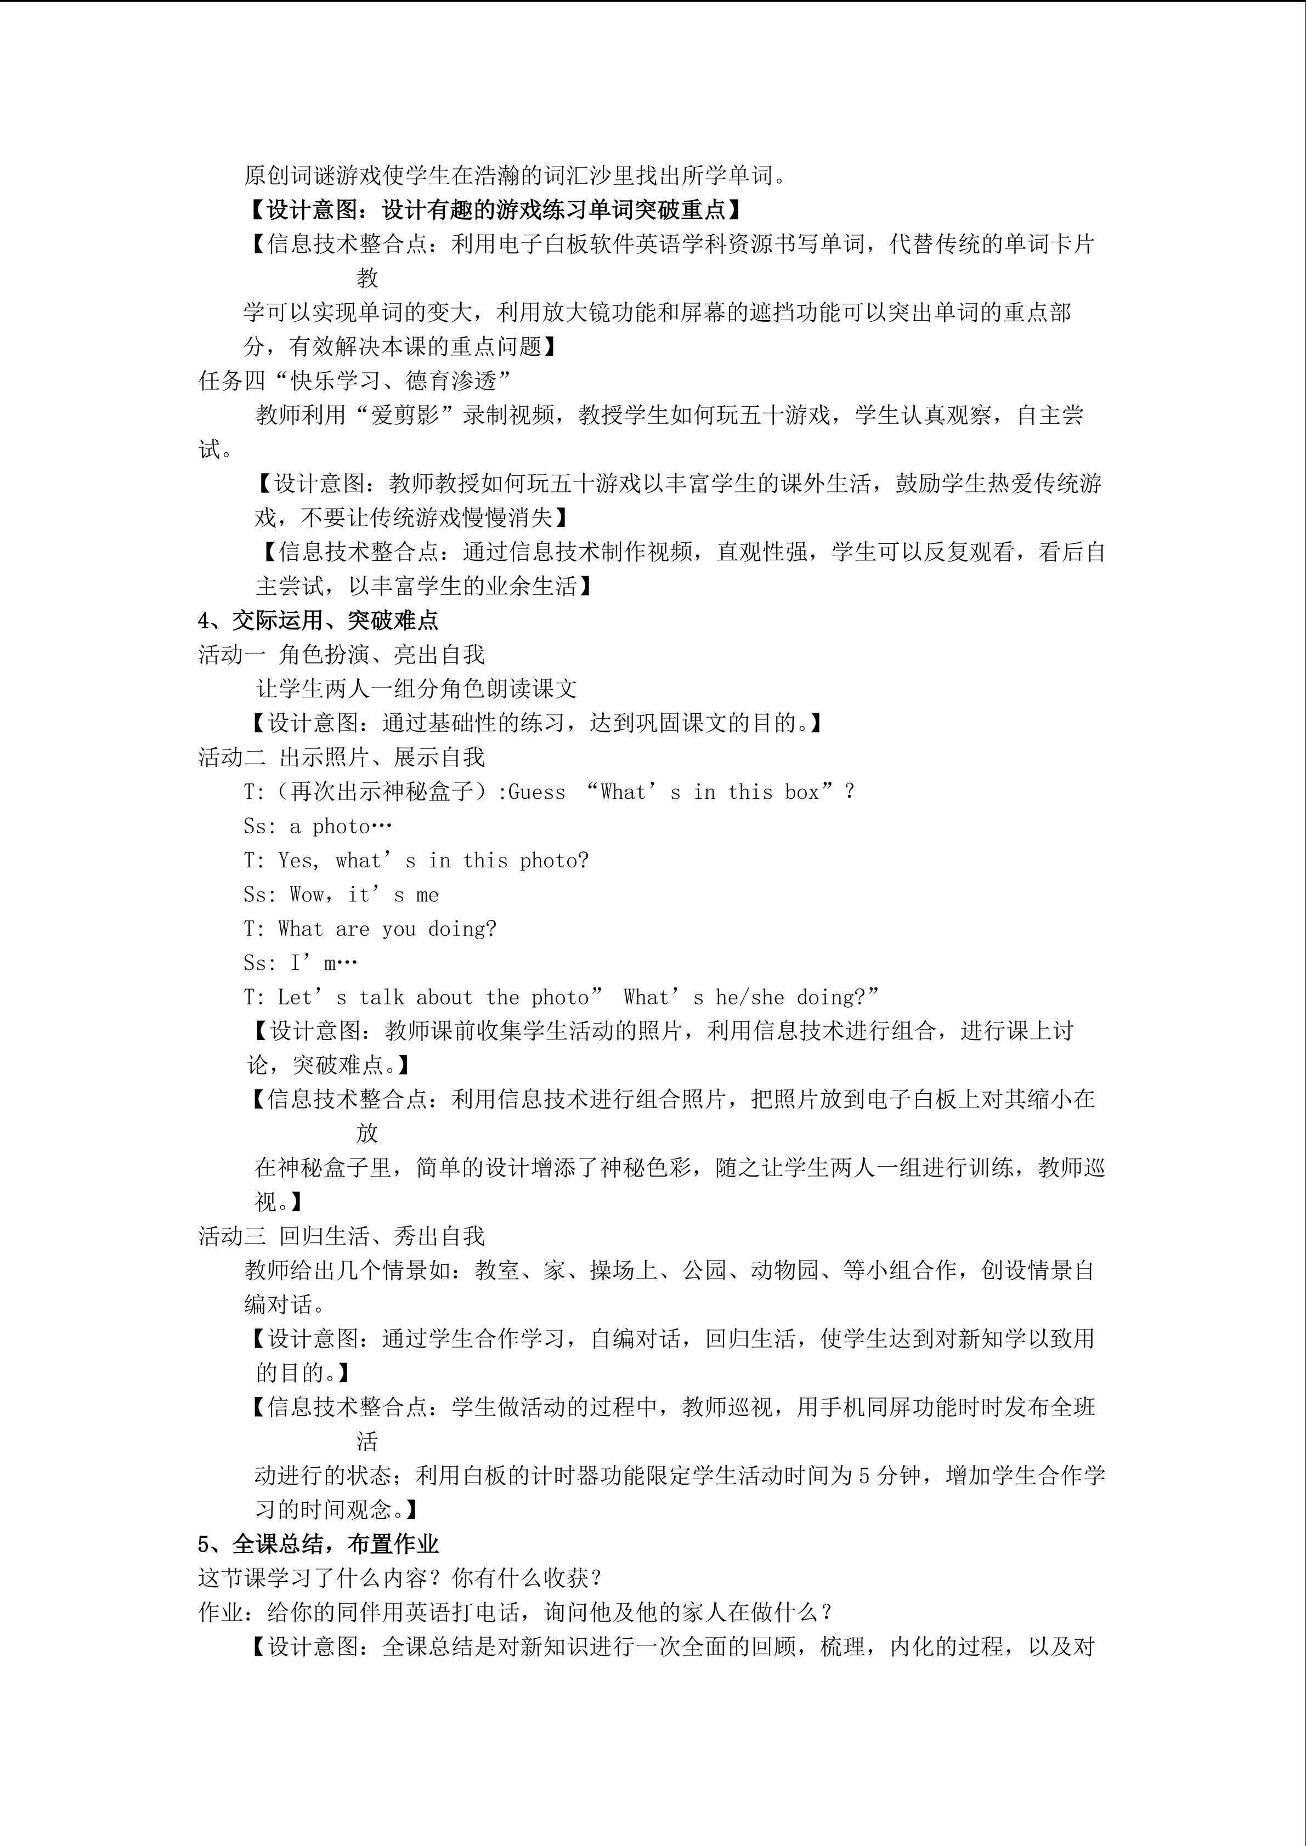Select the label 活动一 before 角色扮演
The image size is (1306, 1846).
pyautogui.click(x=231, y=655)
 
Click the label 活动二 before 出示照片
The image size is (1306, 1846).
pyautogui.click(x=231, y=757)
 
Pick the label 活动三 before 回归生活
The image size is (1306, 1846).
pyautogui.click(x=231, y=1236)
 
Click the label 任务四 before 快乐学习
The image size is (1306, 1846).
pyautogui.click(x=231, y=380)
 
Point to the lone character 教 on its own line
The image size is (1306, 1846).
pyautogui.click(x=368, y=278)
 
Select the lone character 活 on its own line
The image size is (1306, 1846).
pyautogui.click(x=368, y=1441)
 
